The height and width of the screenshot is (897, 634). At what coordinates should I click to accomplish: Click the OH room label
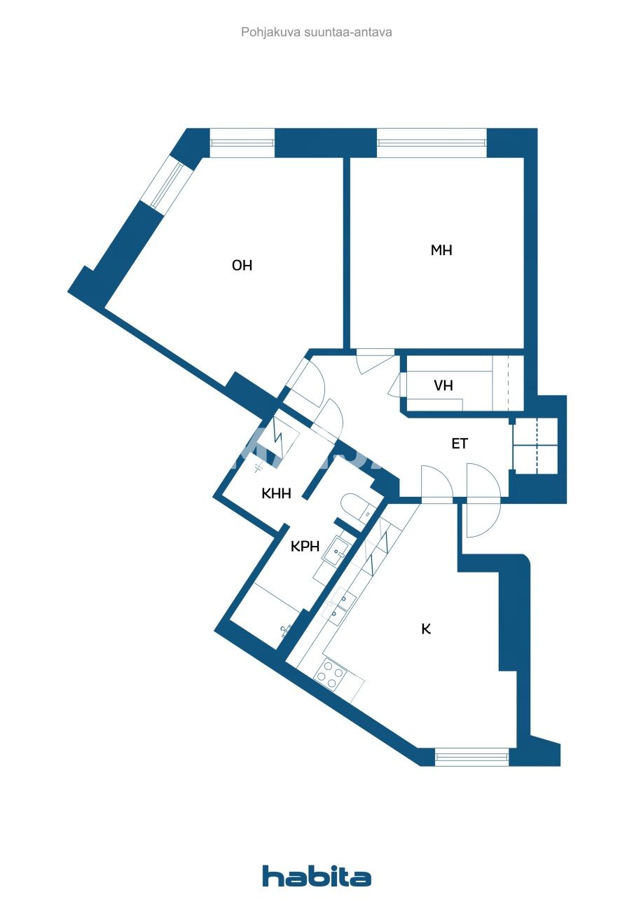pos(242,266)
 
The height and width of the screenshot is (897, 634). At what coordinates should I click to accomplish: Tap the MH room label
pos(441,250)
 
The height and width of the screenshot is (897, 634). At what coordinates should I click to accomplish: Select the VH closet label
pos(443,385)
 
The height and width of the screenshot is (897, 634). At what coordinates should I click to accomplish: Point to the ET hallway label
pos(460,444)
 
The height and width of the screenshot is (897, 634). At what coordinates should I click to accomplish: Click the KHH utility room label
pos(276,493)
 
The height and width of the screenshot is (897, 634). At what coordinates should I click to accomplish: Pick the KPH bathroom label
pos(305,546)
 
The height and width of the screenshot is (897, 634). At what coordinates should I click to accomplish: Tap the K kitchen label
pos(426,629)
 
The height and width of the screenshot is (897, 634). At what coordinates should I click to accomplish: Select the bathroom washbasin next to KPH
pos(336,551)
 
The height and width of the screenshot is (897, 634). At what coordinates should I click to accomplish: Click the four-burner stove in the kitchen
pos(330,674)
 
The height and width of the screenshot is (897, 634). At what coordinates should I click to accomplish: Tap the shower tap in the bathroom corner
pos(285,629)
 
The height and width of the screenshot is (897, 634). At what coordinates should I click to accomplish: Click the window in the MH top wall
pos(431,143)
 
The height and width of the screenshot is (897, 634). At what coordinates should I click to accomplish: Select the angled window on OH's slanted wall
pos(162,185)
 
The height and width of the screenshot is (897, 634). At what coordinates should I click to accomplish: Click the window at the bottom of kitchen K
pos(471,756)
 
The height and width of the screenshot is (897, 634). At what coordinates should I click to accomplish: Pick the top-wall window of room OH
pos(242,143)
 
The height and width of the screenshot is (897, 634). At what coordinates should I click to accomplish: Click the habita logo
pos(317,876)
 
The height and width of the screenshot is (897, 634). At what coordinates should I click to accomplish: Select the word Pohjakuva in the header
pos(266,32)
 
